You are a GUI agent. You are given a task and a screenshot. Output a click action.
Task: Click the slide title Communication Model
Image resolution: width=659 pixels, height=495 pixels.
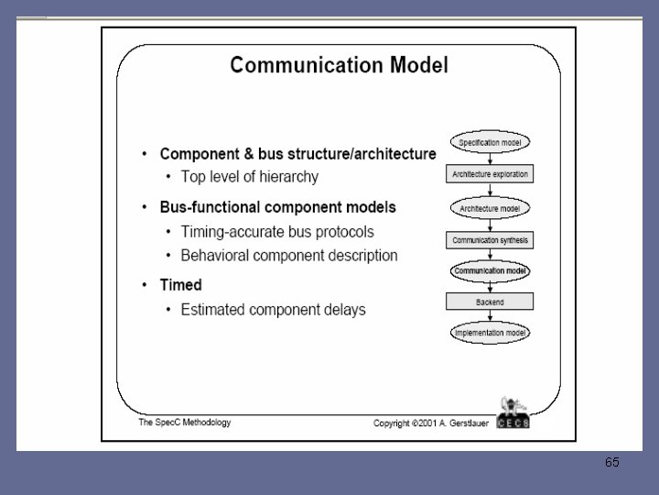tap(339, 65)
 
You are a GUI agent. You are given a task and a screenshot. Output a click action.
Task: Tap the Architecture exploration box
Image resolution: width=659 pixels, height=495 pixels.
tap(491, 174)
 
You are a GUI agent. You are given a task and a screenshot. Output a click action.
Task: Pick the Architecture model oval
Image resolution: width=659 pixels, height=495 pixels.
tap(491, 208)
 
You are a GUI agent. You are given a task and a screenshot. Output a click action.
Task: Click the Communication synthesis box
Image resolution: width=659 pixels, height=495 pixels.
tap(491, 241)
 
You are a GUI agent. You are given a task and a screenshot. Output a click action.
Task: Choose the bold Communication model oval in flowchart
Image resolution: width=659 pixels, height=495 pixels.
tap(491, 271)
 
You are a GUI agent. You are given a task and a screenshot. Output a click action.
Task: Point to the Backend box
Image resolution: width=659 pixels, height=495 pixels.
tap(491, 302)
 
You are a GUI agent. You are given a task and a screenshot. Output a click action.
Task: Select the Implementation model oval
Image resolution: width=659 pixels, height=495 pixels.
tap(491, 334)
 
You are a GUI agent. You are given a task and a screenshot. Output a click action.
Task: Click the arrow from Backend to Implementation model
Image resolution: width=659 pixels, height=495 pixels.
tap(491, 317)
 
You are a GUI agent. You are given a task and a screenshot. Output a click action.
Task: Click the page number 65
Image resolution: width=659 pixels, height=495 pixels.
tap(612, 463)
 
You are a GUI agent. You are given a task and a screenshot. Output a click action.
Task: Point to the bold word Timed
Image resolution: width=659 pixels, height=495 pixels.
tap(181, 285)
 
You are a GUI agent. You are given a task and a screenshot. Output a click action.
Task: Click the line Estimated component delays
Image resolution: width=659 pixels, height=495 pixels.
tap(273, 309)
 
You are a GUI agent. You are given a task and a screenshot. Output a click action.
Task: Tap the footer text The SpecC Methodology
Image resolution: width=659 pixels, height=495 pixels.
tap(184, 423)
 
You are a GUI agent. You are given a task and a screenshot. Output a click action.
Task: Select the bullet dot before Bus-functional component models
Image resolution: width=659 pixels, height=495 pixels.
tap(145, 208)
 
